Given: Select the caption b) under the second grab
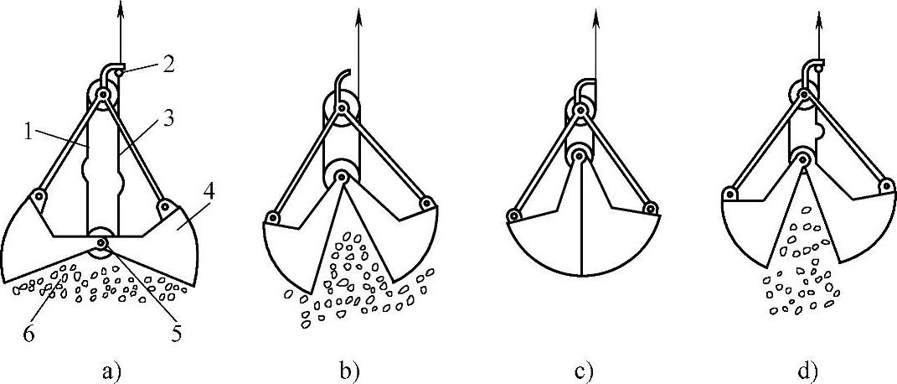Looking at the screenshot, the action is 346,370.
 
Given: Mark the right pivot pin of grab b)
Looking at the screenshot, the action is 427,203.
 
